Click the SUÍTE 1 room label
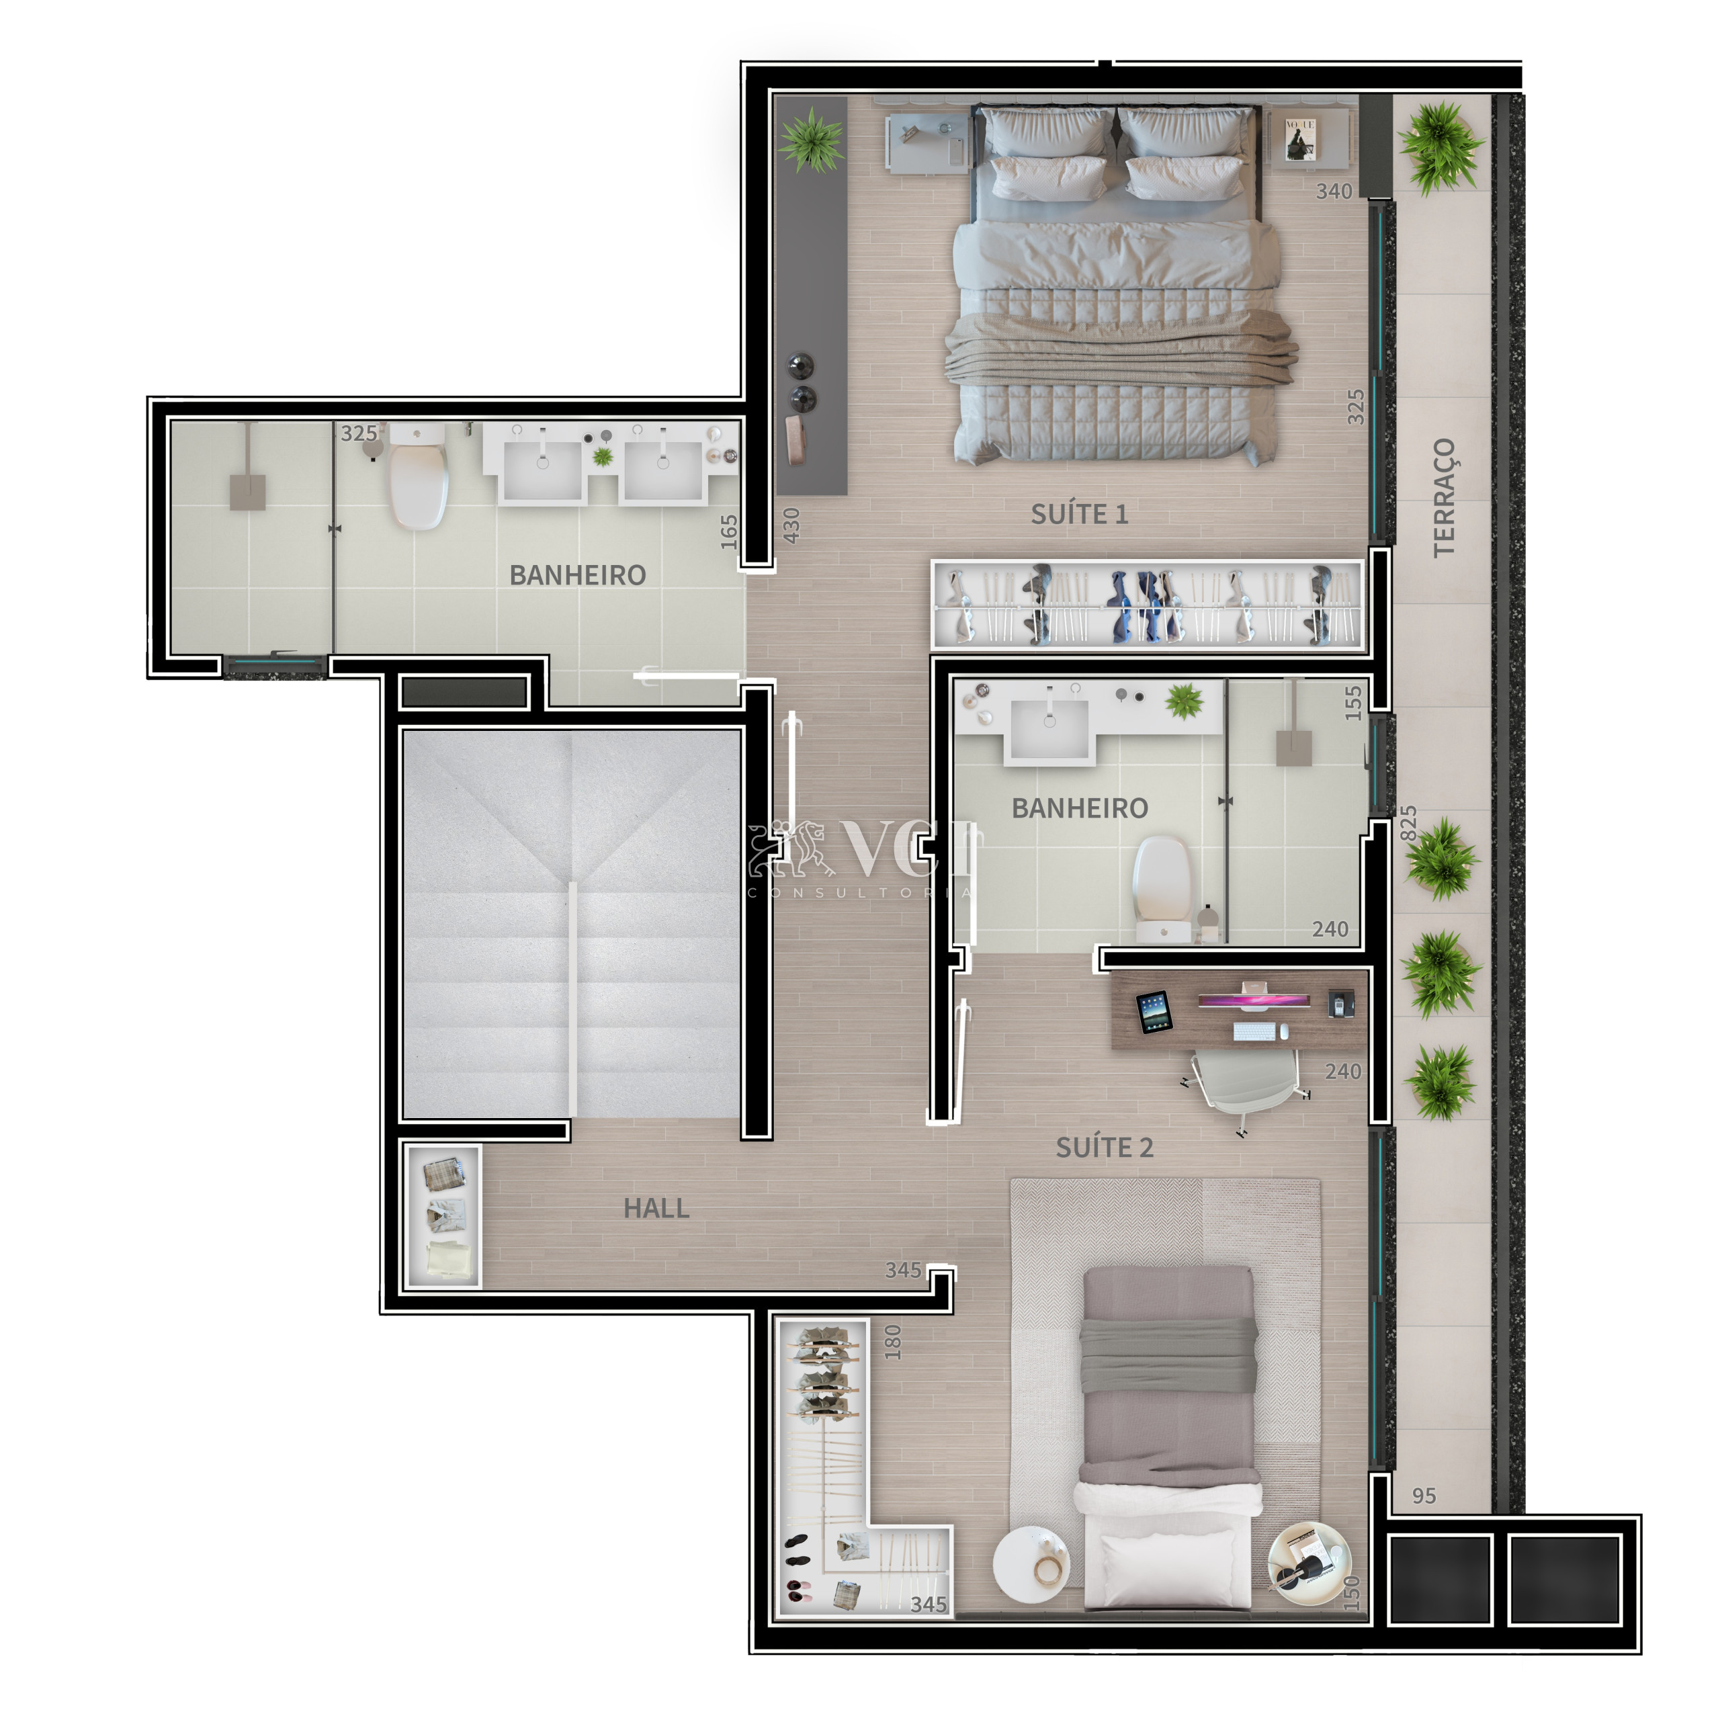point(1079,514)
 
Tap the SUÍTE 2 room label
point(1104,1148)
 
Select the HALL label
point(656,1208)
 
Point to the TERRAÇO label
point(1444,498)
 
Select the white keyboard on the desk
point(1255,1032)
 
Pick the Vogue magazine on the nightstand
point(1301,139)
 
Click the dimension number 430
point(791,525)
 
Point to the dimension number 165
point(729,531)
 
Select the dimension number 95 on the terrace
point(1424,1496)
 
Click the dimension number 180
point(893,1342)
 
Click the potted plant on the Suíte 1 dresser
point(811,140)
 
